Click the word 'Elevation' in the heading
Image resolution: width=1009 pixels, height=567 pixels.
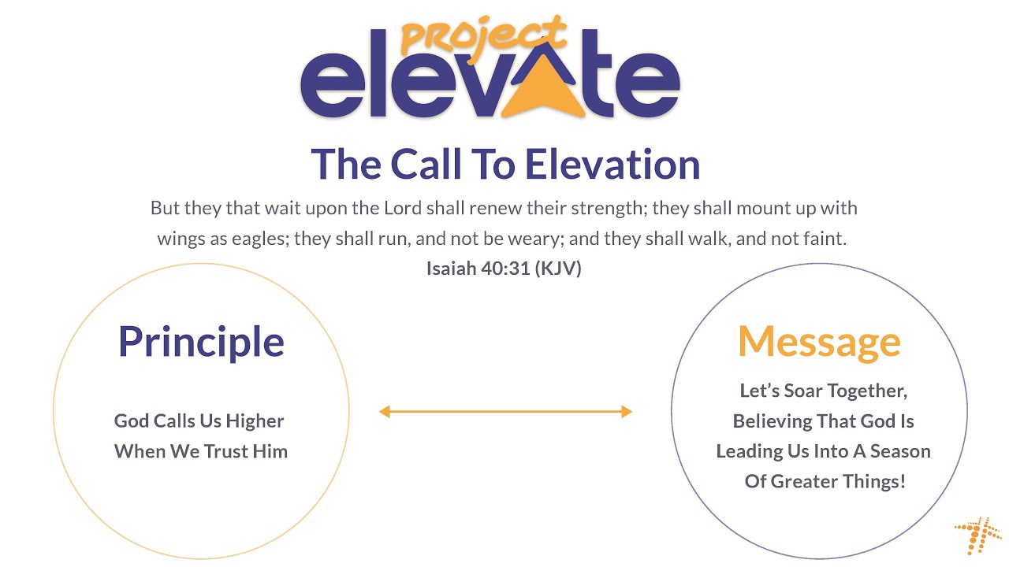tap(612, 164)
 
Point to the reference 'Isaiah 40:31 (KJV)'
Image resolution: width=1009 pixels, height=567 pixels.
tap(504, 269)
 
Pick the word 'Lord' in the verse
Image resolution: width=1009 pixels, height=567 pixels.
tap(404, 209)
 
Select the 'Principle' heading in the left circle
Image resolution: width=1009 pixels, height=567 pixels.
tap(201, 341)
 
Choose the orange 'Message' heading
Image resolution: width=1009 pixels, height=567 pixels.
tap(819, 341)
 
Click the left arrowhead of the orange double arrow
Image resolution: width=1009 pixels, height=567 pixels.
tap(385, 411)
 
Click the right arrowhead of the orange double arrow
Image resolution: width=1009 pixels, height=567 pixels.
tap(626, 411)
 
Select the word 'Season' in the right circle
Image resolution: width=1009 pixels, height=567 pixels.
tap(901, 451)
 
